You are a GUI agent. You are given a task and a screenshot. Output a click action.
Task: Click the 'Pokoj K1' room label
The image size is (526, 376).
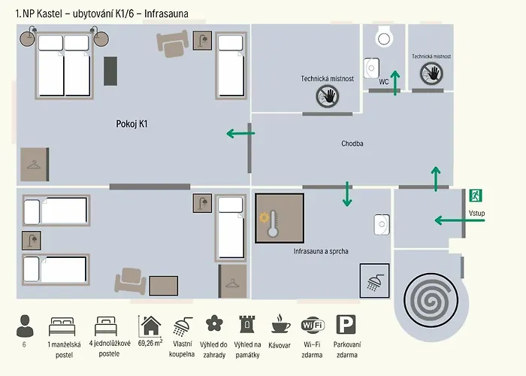[x=131, y=124]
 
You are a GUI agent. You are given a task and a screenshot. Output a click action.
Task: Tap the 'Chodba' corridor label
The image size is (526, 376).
[x=352, y=144]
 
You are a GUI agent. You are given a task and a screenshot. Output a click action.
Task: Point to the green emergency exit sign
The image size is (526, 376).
[x=476, y=196]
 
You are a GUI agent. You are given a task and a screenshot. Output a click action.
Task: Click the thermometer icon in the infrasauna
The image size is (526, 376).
[x=273, y=224]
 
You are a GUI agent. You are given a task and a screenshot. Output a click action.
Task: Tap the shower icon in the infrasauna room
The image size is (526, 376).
[x=375, y=280]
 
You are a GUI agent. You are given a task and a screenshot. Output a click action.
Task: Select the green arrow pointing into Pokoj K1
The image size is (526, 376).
[x=240, y=133]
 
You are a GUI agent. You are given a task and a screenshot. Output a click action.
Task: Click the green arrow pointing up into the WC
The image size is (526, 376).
[x=395, y=83]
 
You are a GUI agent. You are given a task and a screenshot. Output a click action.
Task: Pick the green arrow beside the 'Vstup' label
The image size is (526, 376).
[x=460, y=220]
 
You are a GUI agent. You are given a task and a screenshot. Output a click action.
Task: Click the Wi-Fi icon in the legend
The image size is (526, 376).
[x=313, y=325]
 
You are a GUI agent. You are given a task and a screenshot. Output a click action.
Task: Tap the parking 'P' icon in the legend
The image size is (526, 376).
[x=346, y=324]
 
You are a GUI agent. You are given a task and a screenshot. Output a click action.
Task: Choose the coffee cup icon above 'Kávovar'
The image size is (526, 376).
[x=281, y=324]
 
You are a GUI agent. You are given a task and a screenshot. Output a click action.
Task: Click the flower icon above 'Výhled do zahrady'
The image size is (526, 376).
[x=214, y=323]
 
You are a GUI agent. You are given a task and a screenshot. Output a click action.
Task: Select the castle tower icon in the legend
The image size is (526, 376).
[x=247, y=324]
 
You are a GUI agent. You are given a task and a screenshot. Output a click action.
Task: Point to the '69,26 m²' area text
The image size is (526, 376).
[x=150, y=343]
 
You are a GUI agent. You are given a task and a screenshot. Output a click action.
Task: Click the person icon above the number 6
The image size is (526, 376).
[x=25, y=326]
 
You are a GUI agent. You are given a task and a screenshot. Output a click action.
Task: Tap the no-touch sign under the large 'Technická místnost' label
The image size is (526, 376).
[x=328, y=96]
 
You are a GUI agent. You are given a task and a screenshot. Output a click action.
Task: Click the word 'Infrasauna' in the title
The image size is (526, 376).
[x=166, y=14]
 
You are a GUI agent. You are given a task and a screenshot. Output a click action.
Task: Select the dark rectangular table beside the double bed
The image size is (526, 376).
[x=110, y=71]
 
